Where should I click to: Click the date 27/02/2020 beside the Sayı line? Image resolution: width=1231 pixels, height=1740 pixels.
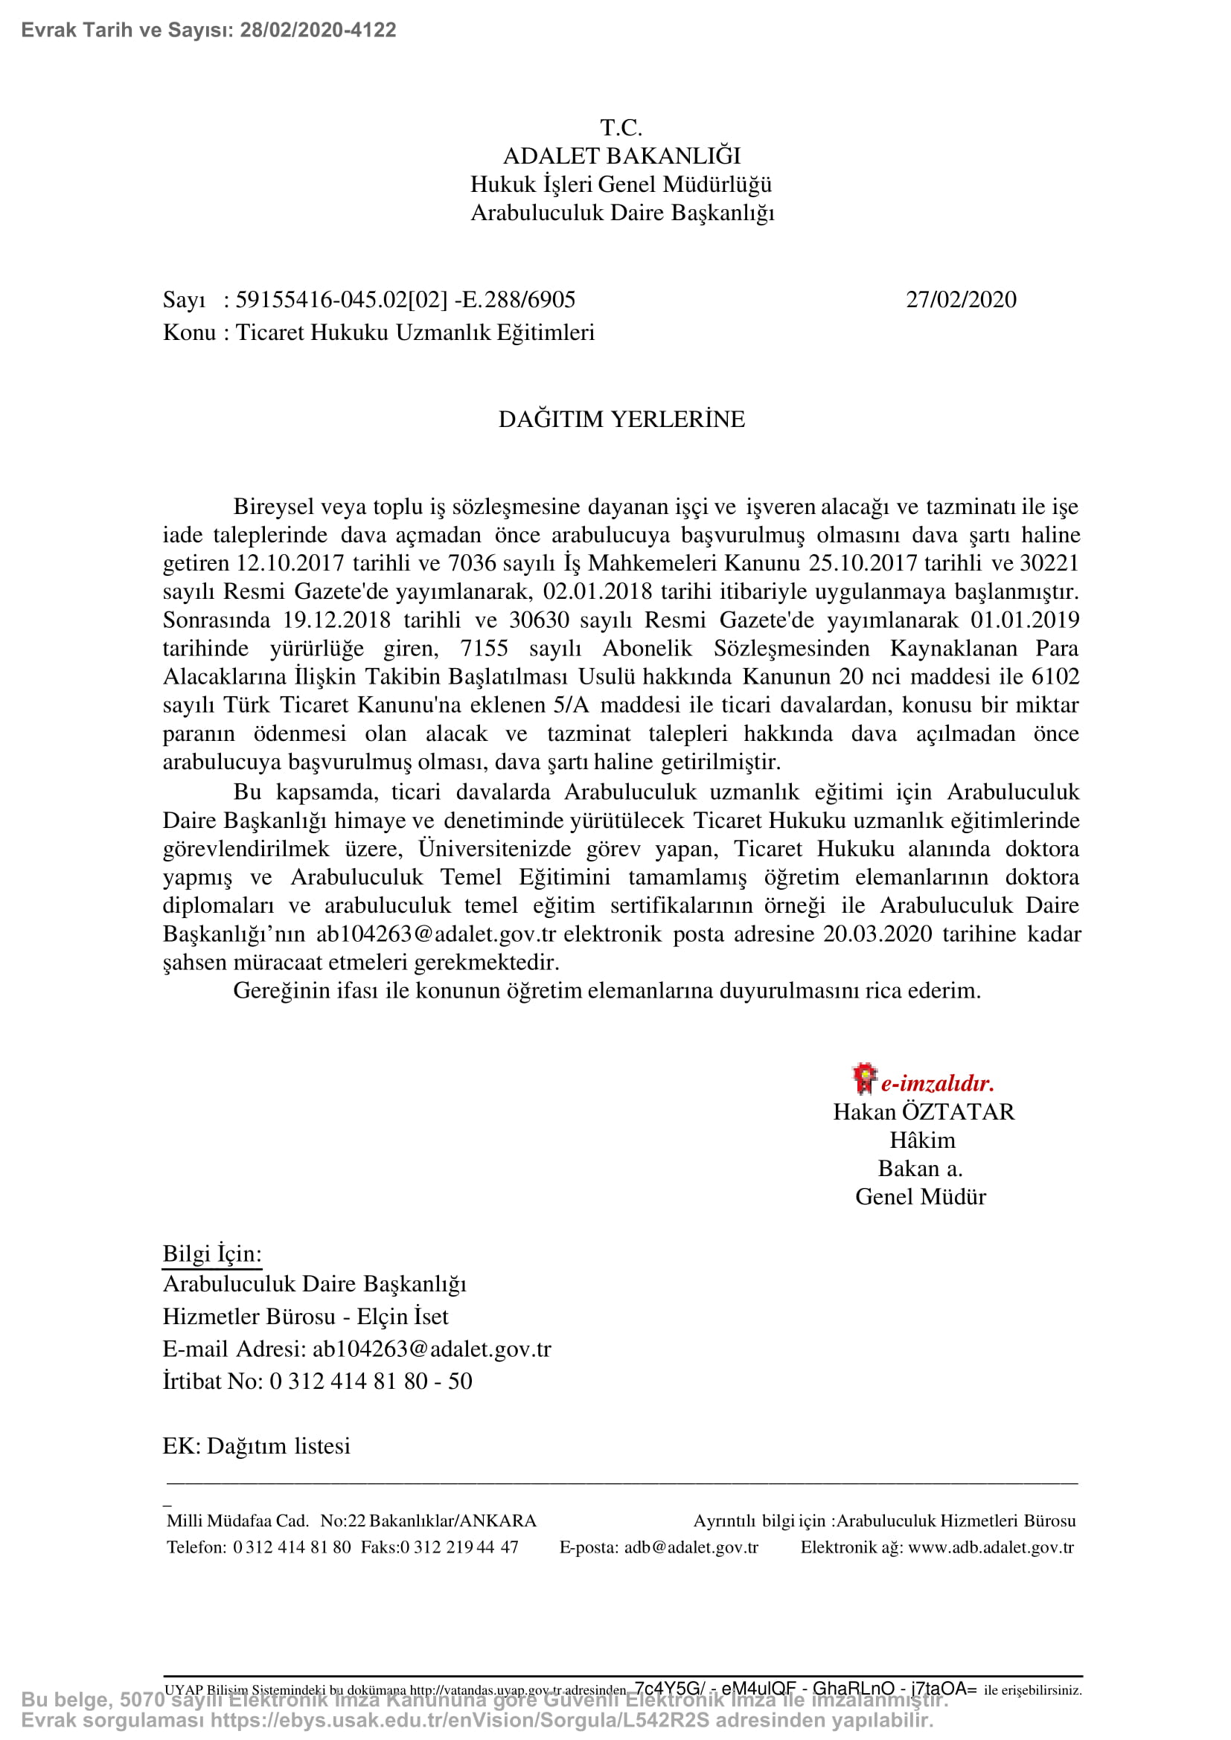click(960, 300)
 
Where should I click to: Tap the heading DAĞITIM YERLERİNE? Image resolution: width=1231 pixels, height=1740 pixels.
click(621, 419)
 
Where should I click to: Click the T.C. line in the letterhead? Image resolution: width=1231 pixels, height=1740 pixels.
click(621, 127)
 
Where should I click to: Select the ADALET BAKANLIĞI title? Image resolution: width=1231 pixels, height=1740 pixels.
click(621, 156)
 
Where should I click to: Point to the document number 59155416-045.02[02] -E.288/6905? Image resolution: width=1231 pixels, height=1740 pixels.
click(405, 300)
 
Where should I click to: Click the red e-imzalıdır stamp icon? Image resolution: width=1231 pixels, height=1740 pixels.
click(863, 1079)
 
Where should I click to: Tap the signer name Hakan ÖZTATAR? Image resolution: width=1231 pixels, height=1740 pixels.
click(923, 1111)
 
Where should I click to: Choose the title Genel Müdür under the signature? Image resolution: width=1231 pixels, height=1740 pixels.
click(920, 1197)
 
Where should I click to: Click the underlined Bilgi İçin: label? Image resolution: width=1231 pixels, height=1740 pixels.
click(211, 1253)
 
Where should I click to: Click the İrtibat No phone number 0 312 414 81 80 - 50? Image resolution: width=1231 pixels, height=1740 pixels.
click(371, 1381)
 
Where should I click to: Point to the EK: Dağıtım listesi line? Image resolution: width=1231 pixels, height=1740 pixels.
click(256, 1445)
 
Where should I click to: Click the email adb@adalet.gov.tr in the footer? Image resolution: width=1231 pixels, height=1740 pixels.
click(691, 1547)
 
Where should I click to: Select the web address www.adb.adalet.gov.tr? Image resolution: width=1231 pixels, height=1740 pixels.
click(990, 1547)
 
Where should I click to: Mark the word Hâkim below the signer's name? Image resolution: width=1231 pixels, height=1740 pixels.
click(921, 1140)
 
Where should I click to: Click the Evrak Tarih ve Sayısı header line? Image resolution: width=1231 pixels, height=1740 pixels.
click(208, 31)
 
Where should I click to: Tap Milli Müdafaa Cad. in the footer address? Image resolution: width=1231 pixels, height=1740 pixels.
click(237, 1521)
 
